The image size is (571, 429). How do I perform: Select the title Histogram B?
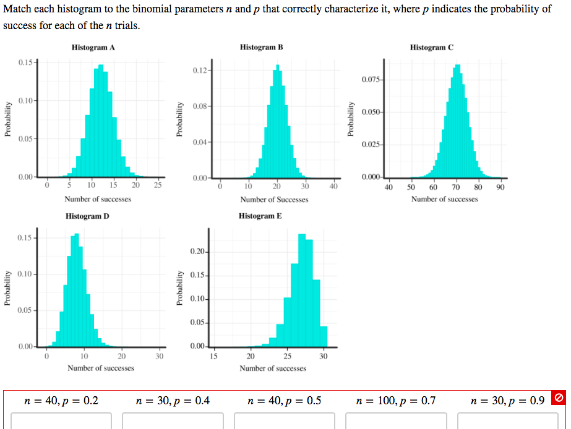point(261,48)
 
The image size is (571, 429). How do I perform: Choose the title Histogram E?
point(260,216)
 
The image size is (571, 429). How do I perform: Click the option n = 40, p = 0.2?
point(61,401)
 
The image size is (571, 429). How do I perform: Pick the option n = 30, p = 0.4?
point(173,401)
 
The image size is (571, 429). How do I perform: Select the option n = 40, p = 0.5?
point(284,401)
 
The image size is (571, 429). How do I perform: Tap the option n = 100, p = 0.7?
point(396,401)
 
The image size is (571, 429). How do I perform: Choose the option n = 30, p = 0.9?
point(507,401)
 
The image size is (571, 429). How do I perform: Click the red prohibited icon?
point(559,397)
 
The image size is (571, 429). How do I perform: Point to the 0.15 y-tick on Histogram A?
point(27,62)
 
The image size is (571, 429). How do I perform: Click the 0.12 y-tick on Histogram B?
point(200,70)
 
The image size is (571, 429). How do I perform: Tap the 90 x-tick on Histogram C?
point(500,187)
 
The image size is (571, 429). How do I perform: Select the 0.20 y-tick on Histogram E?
point(199,252)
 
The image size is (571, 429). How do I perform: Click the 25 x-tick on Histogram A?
point(158,184)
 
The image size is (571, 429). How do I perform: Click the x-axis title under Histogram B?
point(274,200)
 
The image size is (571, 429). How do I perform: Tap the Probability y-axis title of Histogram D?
point(7,289)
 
